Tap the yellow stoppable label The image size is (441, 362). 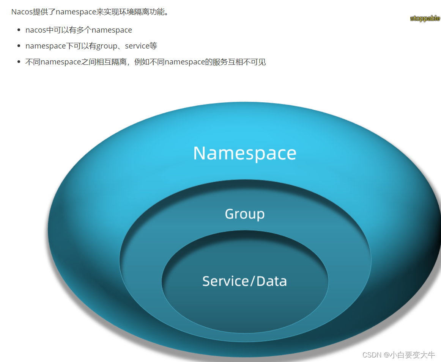(425, 18)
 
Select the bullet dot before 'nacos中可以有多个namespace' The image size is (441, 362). (19, 30)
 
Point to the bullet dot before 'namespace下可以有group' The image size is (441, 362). (19, 46)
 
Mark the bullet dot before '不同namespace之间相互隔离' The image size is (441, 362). (19, 62)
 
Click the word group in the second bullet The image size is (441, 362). (107, 46)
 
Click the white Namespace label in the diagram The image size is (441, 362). (245, 153)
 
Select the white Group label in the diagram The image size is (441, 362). (245, 214)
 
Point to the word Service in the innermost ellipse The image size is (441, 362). (225, 281)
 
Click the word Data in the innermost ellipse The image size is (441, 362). (271, 281)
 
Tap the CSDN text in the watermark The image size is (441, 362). (372, 355)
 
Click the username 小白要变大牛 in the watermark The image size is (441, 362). (413, 355)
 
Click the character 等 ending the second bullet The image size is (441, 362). (153, 46)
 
